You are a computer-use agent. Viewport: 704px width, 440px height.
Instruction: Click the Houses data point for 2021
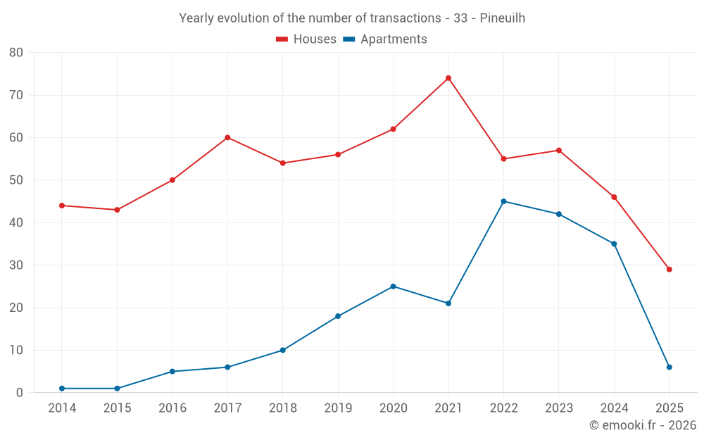click(448, 78)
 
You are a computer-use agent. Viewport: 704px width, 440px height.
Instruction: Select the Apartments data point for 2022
click(503, 201)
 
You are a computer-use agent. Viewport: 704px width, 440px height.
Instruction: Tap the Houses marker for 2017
click(227, 137)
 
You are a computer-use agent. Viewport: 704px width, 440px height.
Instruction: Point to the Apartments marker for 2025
click(669, 367)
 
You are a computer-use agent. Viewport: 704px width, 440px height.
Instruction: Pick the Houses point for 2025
click(669, 269)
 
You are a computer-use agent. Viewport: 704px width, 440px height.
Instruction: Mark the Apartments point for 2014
click(62, 389)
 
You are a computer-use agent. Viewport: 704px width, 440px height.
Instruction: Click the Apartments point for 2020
click(393, 287)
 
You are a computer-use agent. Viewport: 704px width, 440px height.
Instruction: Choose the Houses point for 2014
click(62, 206)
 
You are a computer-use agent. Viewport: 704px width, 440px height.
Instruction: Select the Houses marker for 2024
click(614, 197)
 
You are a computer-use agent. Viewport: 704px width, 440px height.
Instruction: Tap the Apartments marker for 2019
click(338, 316)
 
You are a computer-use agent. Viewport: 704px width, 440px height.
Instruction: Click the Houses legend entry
click(306, 39)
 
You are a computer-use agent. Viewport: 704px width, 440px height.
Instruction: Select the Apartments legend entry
click(385, 39)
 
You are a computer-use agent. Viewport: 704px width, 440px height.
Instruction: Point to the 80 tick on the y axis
click(16, 53)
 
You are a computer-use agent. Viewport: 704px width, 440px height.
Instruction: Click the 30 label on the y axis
click(16, 265)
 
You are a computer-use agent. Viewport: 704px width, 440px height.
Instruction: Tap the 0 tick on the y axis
click(20, 393)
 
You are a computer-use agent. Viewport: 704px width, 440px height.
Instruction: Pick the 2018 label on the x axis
click(282, 408)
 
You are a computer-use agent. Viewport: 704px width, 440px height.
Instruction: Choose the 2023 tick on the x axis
click(559, 408)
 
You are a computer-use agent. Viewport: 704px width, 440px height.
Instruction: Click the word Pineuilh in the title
click(503, 18)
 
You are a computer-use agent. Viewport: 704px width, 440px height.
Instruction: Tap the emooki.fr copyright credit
click(643, 425)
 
